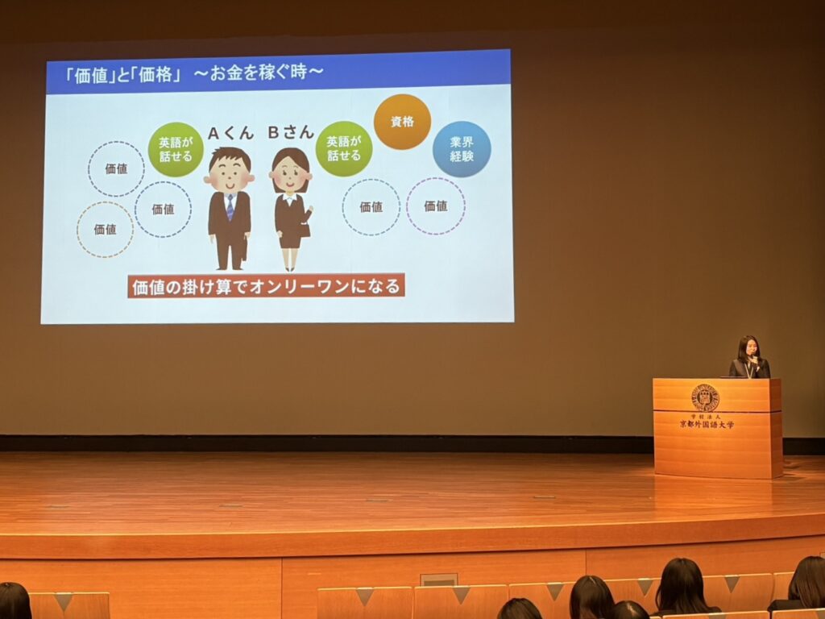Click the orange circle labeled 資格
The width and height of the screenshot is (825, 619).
(402, 122)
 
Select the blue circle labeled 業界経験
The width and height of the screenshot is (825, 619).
(462, 149)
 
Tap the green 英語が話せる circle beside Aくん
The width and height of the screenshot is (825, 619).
(175, 149)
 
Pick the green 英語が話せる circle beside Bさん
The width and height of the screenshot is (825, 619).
(343, 148)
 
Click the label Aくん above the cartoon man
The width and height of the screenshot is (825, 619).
(230, 133)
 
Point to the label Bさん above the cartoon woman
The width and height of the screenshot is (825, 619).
(290, 132)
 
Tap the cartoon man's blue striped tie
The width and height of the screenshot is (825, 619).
(230, 207)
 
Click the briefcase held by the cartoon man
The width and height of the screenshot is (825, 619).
(243, 251)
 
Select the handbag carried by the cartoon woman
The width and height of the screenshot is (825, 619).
(305, 229)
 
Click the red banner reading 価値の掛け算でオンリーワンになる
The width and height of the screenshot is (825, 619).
(266, 286)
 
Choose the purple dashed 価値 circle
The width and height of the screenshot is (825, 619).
(436, 206)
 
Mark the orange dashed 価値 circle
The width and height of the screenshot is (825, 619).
(105, 230)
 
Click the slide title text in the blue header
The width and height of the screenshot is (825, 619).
(193, 73)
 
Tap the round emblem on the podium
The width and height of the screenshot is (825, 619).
(705, 397)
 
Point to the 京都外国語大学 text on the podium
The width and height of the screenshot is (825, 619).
(706, 424)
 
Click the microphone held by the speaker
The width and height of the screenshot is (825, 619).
(754, 360)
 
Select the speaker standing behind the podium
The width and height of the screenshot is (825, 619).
(749, 357)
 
